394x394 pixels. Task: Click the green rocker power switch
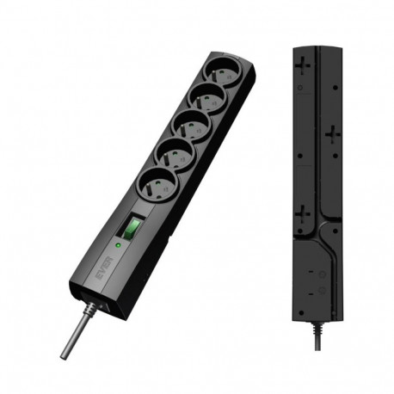(x=132, y=229)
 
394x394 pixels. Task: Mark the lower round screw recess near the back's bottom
(x=321, y=292)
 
